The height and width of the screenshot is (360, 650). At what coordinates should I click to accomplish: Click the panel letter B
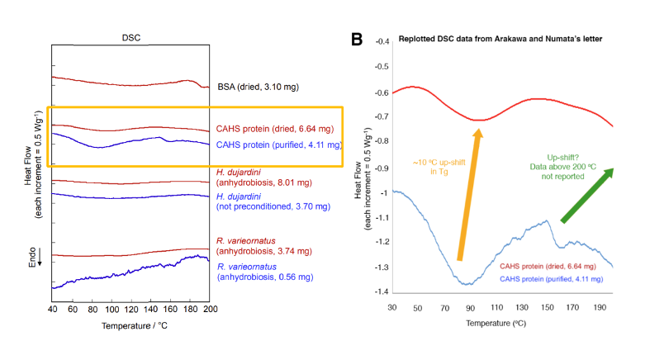pos(358,39)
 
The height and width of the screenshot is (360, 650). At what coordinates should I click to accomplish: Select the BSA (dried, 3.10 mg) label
pos(266,85)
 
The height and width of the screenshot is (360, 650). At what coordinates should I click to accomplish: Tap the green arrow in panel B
pos(587,195)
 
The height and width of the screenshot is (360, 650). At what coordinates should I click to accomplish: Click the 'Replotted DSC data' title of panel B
pos(496,40)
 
